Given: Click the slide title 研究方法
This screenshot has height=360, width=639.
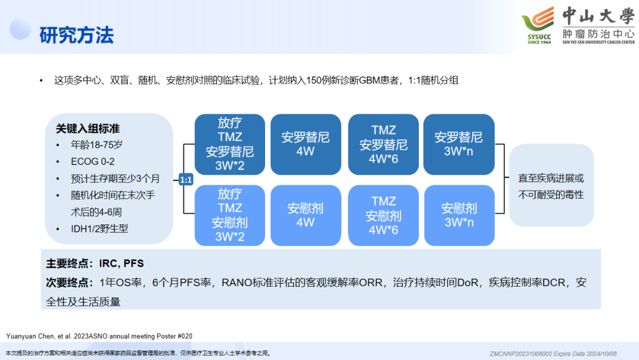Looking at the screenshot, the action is click(x=76, y=35).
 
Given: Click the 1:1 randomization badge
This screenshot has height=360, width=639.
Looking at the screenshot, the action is click(x=186, y=179).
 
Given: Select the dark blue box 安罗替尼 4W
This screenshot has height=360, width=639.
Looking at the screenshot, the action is click(x=306, y=144).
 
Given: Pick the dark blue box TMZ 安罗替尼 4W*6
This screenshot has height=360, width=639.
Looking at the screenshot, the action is click(x=383, y=144).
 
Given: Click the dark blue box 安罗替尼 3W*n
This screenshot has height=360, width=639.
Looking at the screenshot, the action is click(x=459, y=144).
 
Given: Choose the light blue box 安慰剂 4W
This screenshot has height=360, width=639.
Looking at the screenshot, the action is click(x=306, y=216).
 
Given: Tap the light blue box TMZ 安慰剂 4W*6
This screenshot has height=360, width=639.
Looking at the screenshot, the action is click(x=383, y=216).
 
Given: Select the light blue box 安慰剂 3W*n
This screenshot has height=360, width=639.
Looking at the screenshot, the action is click(x=459, y=216).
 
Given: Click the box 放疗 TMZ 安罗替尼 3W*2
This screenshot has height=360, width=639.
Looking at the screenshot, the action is click(x=230, y=144).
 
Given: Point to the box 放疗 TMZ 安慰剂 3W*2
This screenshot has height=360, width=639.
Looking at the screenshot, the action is click(x=230, y=216).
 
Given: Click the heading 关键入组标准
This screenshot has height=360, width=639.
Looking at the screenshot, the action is click(x=88, y=129).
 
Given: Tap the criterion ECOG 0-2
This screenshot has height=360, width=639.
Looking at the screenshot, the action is click(x=92, y=162).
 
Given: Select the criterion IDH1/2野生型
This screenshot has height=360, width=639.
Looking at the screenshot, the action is click(x=99, y=229).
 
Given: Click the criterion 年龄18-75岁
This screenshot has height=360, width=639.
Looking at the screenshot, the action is click(x=96, y=144).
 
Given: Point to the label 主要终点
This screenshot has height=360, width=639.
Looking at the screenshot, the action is click(x=67, y=263).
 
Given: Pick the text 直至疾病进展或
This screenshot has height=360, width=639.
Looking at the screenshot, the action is click(x=551, y=178).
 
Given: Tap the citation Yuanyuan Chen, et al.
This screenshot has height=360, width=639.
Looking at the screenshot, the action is click(x=38, y=336).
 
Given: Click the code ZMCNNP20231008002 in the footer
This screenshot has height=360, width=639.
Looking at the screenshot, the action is click(x=521, y=354).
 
